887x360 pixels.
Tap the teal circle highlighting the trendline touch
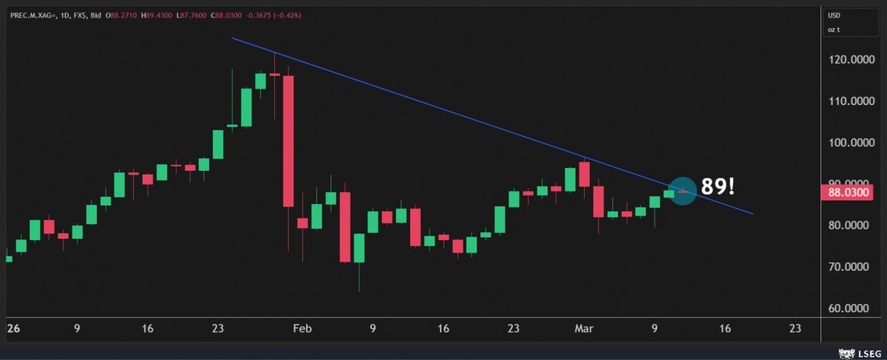[682, 191]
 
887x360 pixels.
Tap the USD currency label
[835, 15]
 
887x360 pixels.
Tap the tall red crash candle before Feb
[288, 140]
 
